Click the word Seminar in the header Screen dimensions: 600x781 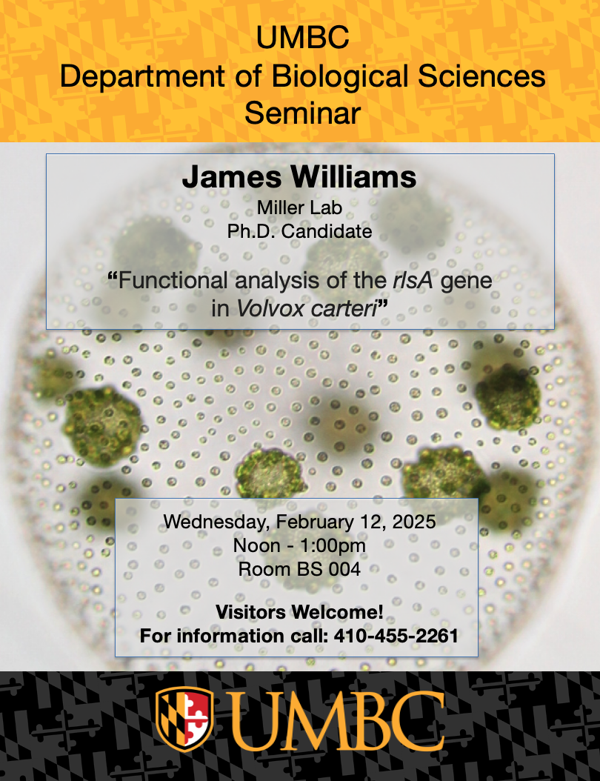[302, 113]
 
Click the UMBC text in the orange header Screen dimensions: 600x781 [302, 39]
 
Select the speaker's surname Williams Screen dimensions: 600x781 [353, 177]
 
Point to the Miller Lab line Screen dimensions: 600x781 [299, 207]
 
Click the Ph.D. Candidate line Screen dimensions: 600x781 [300, 231]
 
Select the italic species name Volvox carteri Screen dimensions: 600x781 [306, 309]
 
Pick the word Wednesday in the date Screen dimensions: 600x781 [217, 522]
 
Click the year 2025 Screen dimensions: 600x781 [414, 522]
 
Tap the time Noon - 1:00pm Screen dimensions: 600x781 [299, 545]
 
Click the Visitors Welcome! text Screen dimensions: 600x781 [299, 612]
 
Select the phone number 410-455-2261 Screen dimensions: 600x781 [396, 636]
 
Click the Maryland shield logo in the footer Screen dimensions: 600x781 [184, 719]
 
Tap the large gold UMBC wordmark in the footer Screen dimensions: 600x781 [336, 720]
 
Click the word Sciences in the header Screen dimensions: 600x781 [481, 77]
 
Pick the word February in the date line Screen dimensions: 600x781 [330, 522]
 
